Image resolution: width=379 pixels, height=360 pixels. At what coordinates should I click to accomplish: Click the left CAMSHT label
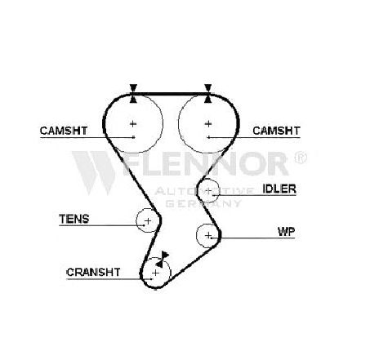point(64,131)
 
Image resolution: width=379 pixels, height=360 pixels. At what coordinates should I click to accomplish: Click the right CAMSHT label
point(276,131)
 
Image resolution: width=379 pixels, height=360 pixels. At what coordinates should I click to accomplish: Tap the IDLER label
point(279,189)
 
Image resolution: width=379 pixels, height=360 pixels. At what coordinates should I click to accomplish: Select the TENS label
point(74,219)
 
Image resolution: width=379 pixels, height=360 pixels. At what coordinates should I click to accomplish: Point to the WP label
point(286,232)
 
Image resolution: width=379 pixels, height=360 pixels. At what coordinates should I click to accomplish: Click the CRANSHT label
point(93,272)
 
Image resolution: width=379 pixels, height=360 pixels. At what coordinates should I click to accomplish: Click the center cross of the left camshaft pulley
point(133,124)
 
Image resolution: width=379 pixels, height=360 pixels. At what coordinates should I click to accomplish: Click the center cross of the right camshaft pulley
point(208,124)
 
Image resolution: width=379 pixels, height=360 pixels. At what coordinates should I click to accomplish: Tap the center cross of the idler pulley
point(208,191)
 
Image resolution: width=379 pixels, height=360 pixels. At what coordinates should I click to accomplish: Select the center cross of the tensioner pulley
point(148,220)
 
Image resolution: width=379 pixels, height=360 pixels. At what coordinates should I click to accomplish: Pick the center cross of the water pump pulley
point(208,235)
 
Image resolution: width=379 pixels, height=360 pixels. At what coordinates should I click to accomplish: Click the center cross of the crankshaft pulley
point(155,273)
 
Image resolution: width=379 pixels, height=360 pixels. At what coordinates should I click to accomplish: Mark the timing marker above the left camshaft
point(133,94)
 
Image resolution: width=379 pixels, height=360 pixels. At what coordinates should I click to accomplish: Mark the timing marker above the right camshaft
point(208,94)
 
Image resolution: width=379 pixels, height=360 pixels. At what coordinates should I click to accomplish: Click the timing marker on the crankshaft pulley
point(163,259)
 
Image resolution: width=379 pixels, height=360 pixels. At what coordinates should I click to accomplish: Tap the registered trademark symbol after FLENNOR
point(301,158)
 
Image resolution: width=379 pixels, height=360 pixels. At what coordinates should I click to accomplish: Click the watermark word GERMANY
point(203,203)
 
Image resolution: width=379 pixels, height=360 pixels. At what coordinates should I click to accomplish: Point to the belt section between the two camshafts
point(171,94)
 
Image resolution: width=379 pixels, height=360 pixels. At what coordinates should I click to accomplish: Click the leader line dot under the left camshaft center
point(133,137)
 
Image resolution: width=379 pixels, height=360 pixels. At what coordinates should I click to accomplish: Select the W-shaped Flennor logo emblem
point(94,172)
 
